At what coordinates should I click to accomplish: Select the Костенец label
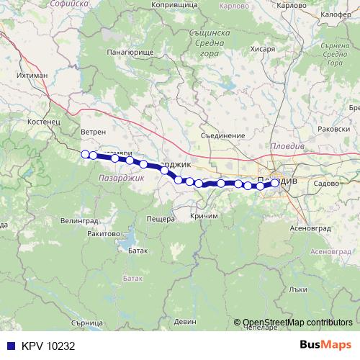pyautogui.click(x=43, y=123)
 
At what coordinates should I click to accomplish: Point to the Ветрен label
pyautogui.click(x=94, y=132)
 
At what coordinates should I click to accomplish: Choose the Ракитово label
pyautogui.click(x=102, y=233)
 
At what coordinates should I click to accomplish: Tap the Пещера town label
pyautogui.click(x=161, y=218)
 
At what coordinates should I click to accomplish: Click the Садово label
pyautogui.click(x=326, y=184)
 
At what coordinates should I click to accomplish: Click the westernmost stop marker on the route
pyautogui.click(x=85, y=153)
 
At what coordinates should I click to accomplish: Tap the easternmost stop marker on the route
pyautogui.click(x=274, y=183)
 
